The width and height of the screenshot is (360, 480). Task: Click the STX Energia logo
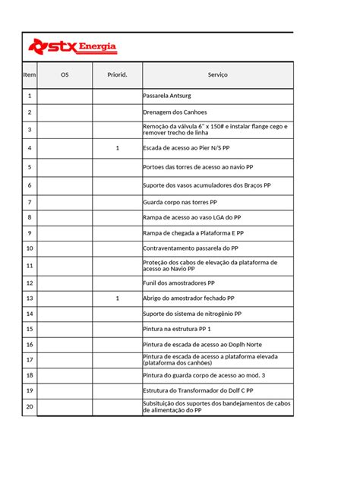pyautogui.click(x=73, y=48)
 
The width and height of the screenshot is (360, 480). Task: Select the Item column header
pyautogui.click(x=30, y=75)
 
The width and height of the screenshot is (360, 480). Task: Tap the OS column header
pyautogui.click(x=65, y=75)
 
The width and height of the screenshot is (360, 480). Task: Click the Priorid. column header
pyautogui.click(x=118, y=75)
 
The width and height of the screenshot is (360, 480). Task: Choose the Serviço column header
pyautogui.click(x=217, y=75)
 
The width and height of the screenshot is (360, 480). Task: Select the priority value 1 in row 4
pyautogui.click(x=118, y=148)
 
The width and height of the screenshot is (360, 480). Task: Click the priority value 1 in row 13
pyautogui.click(x=118, y=298)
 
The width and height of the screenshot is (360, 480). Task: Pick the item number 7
pyautogui.click(x=30, y=203)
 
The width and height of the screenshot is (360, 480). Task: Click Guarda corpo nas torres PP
pyautogui.click(x=180, y=203)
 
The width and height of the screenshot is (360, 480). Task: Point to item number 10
pyautogui.click(x=30, y=248)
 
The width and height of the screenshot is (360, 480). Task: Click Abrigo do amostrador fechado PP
pyautogui.click(x=188, y=298)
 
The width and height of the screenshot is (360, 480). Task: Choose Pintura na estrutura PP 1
pyautogui.click(x=177, y=329)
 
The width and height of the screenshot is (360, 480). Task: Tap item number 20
pyautogui.click(x=30, y=408)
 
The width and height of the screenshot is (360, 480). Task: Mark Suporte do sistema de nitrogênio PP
pyautogui.click(x=192, y=314)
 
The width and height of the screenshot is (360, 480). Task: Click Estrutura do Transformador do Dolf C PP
pyautogui.click(x=198, y=390)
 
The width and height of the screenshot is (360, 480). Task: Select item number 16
pyautogui.click(x=30, y=344)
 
